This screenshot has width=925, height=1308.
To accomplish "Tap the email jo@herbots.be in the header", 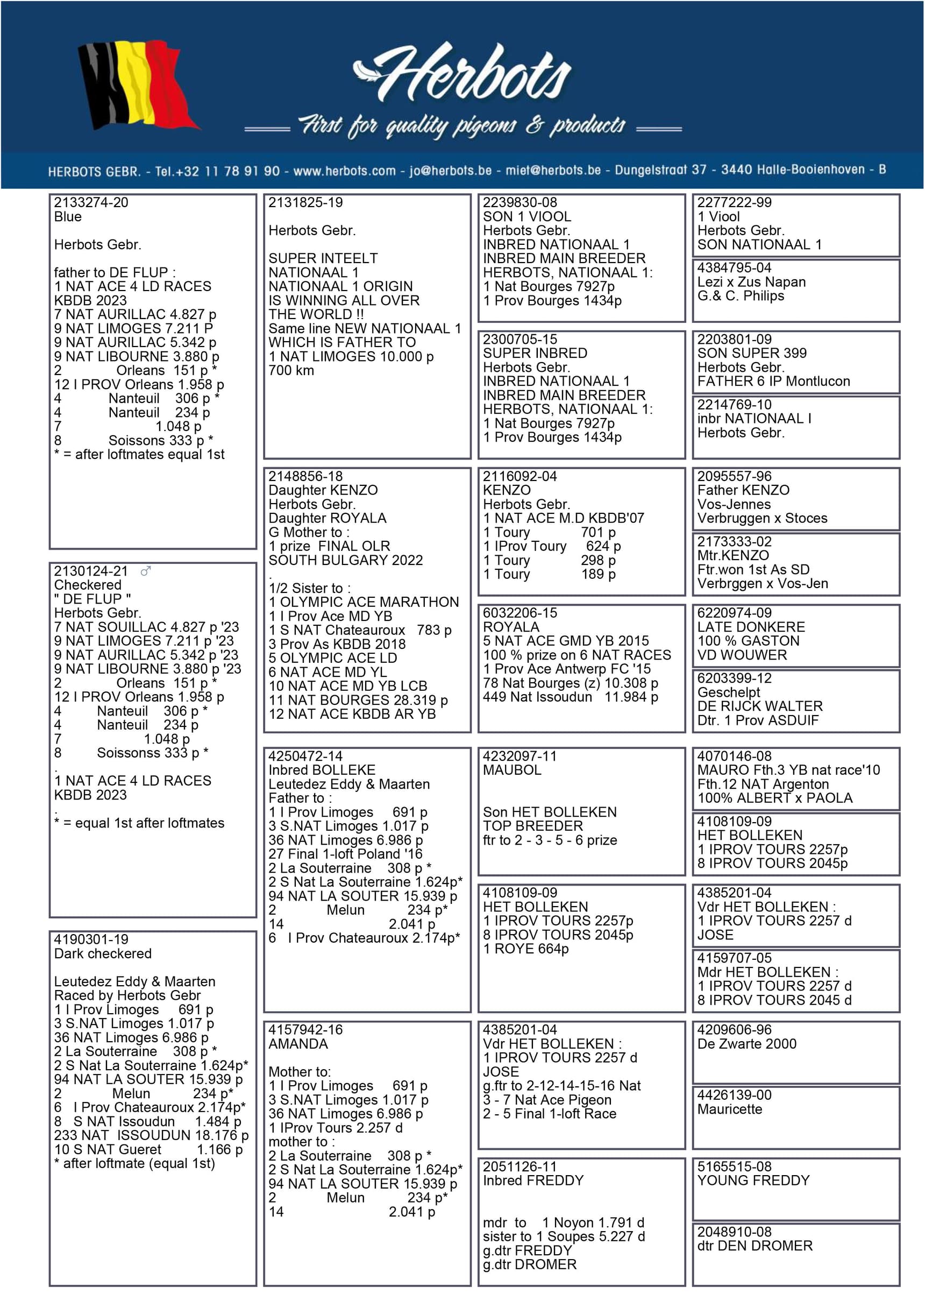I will pos(451,171).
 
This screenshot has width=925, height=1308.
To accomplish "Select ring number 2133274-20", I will pos(91,203).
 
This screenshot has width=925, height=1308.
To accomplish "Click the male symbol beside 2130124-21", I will pos(146,571).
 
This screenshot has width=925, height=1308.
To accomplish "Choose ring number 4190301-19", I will pos(91,940).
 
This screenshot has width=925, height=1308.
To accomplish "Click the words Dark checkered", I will pos(103,954).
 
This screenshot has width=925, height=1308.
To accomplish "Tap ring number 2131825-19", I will pos(306,203).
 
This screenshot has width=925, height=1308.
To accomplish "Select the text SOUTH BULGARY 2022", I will pos(345,561).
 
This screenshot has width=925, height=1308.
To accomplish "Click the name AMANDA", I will pos(298,1044).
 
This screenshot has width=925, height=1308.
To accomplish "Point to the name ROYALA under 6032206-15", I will pos(511,627).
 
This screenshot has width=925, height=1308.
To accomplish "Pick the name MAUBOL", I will pos(512,770).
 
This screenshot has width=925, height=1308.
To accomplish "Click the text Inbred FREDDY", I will pos(533,1181).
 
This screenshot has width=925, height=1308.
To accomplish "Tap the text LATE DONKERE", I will pos(751,627).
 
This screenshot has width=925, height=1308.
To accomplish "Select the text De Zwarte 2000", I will pos(746,1044).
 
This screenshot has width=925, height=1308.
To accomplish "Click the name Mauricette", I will pos(730,1110).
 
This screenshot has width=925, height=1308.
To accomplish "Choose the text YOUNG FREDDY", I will pos(753,1181).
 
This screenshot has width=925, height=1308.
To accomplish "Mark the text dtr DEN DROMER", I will pos(755,1247).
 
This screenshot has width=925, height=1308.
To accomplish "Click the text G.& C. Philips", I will pos(741,296).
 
